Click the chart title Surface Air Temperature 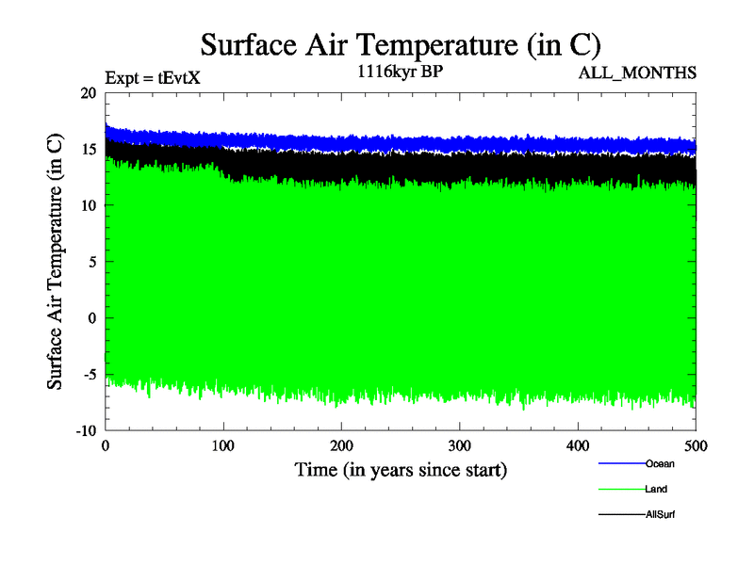click(400, 44)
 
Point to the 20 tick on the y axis click(89, 93)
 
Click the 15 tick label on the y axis click(89, 150)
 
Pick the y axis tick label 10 click(89, 205)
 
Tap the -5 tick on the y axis click(89, 374)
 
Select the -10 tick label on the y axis click(86, 430)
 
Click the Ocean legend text click(660, 463)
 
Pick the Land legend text click(658, 490)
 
